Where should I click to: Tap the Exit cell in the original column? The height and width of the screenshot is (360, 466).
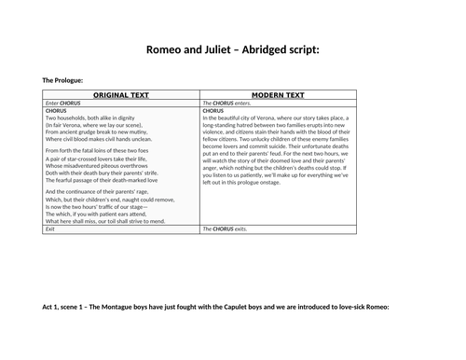point(50,228)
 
